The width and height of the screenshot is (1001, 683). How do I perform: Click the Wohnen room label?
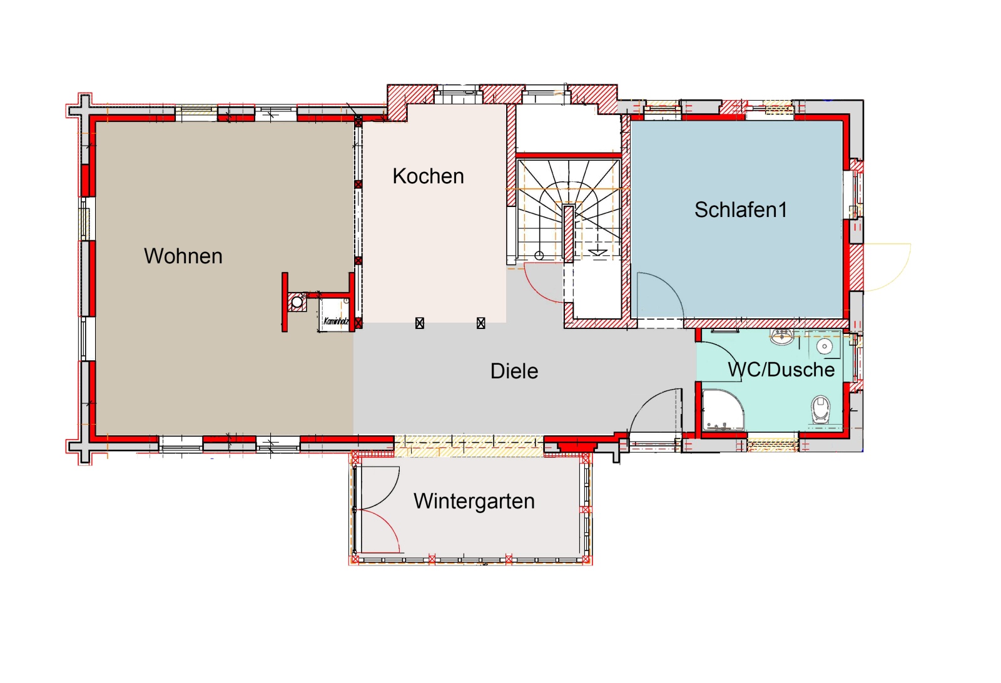(x=183, y=256)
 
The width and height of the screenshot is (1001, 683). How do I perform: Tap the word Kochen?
(x=428, y=176)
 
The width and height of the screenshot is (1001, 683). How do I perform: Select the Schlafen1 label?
(x=741, y=210)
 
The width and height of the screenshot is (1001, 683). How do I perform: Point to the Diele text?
(x=514, y=371)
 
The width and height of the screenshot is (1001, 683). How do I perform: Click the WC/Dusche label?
(x=781, y=370)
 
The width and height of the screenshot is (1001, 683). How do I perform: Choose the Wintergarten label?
(x=474, y=502)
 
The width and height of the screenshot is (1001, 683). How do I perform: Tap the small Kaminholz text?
(x=335, y=321)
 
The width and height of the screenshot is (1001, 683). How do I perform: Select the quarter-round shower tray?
(x=723, y=410)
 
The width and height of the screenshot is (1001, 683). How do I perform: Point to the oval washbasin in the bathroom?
(x=782, y=336)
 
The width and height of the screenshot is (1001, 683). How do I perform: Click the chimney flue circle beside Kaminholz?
(x=297, y=303)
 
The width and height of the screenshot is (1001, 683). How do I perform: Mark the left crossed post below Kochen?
(x=419, y=323)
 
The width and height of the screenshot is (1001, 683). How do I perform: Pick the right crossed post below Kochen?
(x=480, y=323)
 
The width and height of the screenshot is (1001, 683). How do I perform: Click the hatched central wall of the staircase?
(x=569, y=234)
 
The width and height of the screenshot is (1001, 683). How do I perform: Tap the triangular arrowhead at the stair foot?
(x=597, y=253)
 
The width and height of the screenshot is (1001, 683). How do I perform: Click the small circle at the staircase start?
(x=539, y=256)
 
